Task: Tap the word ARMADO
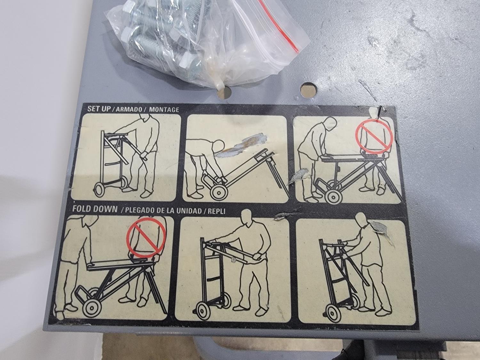coord(129,109)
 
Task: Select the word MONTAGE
coord(164,109)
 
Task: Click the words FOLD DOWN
coord(95,209)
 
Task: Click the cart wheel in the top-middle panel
coord(219,194)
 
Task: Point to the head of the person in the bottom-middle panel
coord(247,216)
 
